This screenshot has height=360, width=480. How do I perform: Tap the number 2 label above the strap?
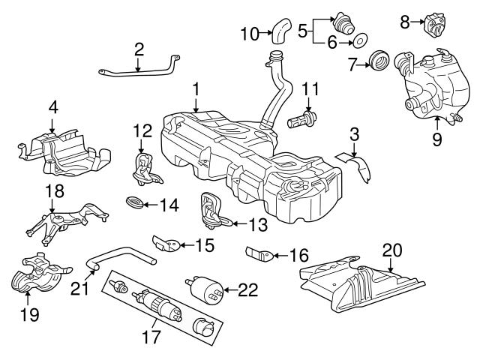point(139,49)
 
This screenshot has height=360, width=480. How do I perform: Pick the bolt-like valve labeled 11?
point(304,119)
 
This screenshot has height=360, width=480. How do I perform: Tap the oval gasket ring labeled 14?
point(136,203)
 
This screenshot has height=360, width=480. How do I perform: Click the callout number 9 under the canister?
point(436,139)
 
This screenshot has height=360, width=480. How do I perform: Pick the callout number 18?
point(52,191)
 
